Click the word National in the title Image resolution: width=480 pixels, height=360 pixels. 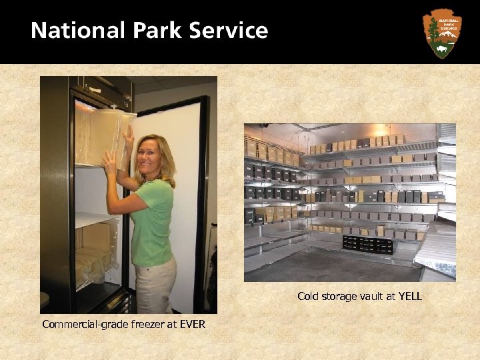pos(69,31)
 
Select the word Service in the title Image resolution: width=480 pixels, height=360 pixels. pos(228,31)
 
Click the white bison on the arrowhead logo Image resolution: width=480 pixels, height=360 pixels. pos(442,49)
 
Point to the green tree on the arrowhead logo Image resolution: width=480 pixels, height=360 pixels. pos(434,29)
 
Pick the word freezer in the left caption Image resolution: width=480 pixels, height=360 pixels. pos(141,325)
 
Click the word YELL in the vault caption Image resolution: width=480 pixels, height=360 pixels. pos(409,296)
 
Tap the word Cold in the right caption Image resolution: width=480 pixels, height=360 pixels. pos(308,296)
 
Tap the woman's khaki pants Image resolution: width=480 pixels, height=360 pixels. pos(155,283)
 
